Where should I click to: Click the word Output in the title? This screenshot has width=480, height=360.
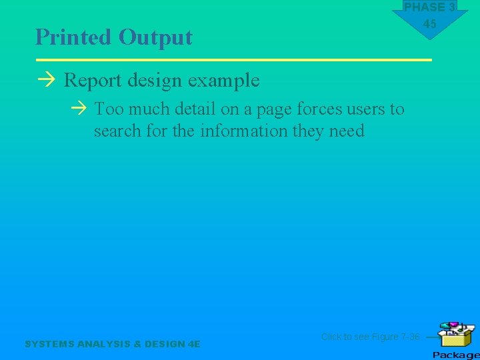pyautogui.click(x=155, y=37)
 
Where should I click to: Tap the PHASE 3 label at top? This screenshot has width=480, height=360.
pyautogui.click(x=429, y=7)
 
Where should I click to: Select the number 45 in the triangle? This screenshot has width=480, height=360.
pyautogui.click(x=430, y=24)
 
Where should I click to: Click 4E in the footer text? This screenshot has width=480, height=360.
pyautogui.click(x=193, y=344)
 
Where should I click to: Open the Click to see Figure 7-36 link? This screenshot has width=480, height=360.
pyautogui.click(x=370, y=337)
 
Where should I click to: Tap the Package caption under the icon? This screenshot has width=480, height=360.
pyautogui.click(x=455, y=355)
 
